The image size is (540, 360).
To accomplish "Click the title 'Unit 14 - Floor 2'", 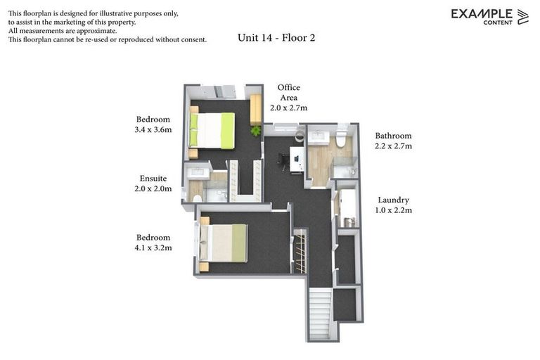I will (x=276, y=38).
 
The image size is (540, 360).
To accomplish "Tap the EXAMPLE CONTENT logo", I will (x=489, y=16).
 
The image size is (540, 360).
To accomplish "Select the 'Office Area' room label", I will (x=288, y=92).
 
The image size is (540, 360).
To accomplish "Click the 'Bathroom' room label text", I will (x=393, y=136).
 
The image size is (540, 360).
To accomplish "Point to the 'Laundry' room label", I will (x=393, y=200).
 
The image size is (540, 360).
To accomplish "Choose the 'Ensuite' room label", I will (x=153, y=179).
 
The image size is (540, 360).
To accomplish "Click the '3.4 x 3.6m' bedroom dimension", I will (x=153, y=129).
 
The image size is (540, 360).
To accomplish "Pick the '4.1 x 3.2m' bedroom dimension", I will (x=153, y=247).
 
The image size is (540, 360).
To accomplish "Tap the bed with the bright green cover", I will (x=212, y=131).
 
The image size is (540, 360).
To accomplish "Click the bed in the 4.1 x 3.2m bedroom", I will (x=223, y=243).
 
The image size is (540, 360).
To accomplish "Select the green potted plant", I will (x=255, y=130).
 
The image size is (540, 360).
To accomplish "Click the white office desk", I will (x=296, y=161).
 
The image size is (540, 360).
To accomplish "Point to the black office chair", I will (x=283, y=161).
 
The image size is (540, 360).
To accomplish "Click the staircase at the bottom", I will (x=320, y=314).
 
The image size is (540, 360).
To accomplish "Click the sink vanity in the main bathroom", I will (x=319, y=136).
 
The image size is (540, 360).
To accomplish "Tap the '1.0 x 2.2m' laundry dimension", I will (x=393, y=210).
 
